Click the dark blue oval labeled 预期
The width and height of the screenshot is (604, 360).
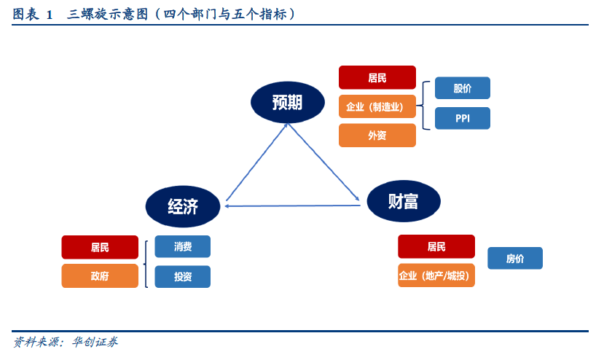287,102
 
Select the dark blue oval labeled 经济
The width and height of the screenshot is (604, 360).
183,206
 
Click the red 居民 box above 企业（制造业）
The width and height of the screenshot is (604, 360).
377,77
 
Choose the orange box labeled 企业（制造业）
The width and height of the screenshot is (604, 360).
377,106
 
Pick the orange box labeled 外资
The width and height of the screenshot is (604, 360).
377,136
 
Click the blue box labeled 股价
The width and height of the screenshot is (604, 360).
462,88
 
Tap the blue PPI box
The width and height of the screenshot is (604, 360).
462,118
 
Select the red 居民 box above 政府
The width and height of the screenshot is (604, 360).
100,247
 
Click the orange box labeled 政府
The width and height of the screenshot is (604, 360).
100,276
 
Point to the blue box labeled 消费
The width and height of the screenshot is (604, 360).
182,246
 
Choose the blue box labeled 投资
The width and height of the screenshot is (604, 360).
182,276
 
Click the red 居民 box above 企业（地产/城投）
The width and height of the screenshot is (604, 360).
436,246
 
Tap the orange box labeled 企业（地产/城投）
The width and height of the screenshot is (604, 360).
436,275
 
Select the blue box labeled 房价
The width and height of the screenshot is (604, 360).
514,258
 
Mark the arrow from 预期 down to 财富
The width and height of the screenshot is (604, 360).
323,161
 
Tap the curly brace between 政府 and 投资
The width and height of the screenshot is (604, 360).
148,262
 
